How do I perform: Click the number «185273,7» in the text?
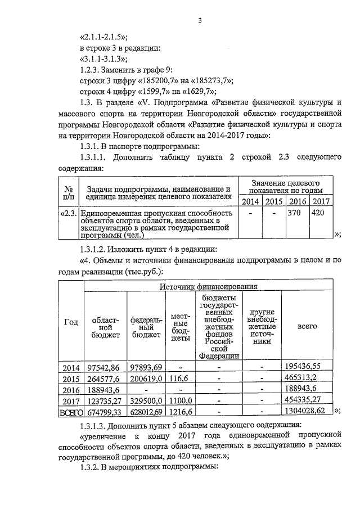200,80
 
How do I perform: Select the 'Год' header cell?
71,322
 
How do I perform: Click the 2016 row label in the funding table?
71,389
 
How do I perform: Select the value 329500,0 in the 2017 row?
147,400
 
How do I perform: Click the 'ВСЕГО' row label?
71,412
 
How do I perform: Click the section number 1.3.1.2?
99,250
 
